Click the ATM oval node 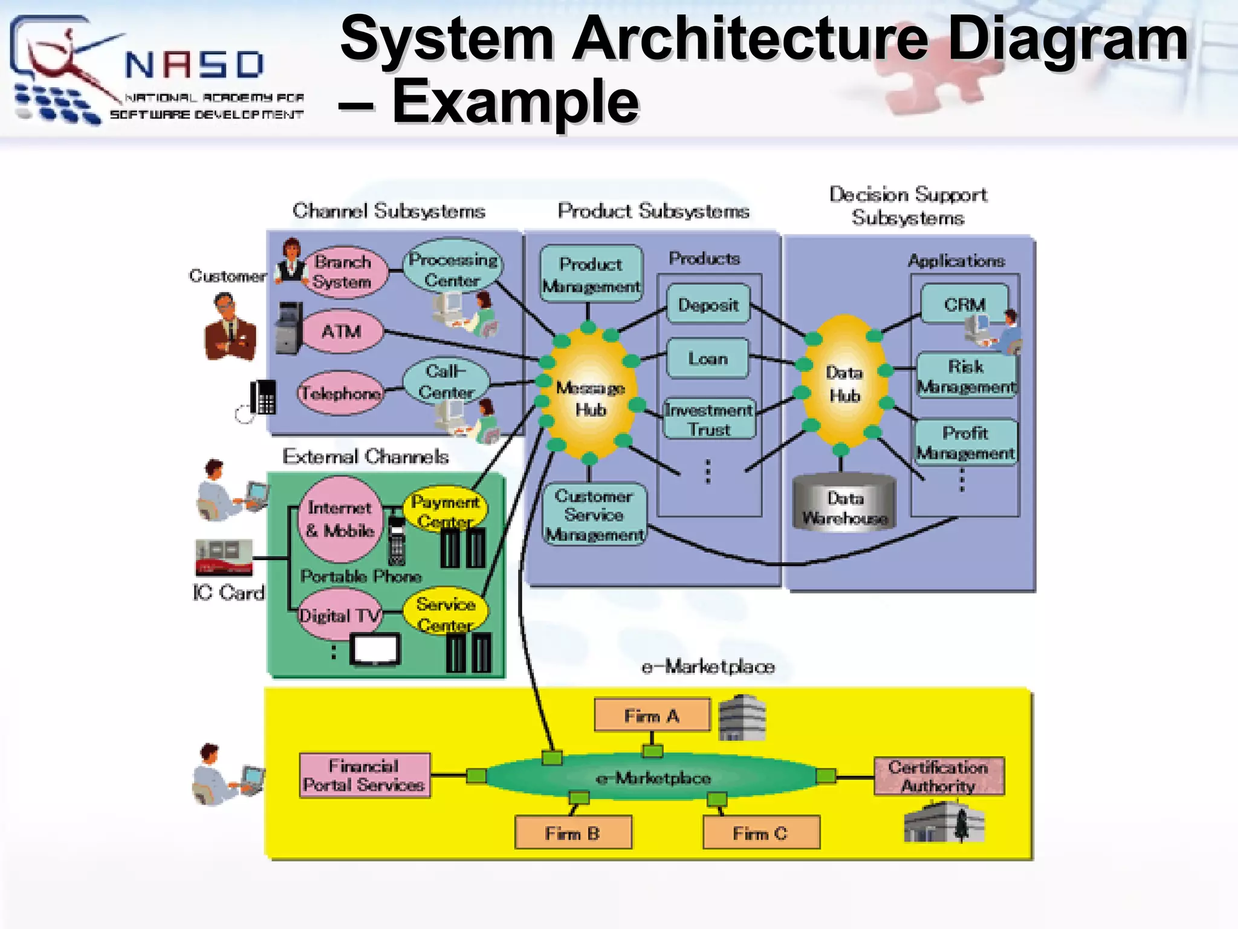[342, 331]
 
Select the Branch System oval [343, 272]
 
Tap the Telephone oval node [341, 393]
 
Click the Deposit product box [708, 305]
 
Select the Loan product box [707, 359]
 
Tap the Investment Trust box [709, 419]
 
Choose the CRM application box [964, 304]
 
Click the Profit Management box [965, 442]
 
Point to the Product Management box [591, 274]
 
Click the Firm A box [652, 715]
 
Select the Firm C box [760, 833]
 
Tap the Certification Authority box [938, 776]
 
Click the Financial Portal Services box [365, 775]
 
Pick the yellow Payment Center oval [446, 509]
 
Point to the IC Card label [228, 593]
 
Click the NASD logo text [195, 65]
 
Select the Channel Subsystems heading [389, 211]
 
